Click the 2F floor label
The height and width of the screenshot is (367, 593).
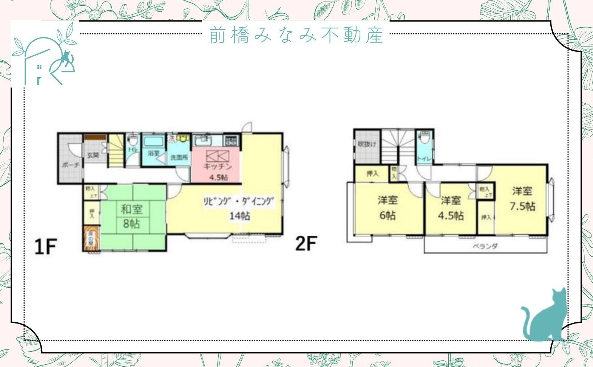coord(305,243)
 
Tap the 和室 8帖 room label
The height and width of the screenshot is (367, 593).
coord(131,216)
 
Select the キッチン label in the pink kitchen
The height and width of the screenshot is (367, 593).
coord(217,166)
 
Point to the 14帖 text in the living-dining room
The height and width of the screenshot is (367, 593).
coord(239,216)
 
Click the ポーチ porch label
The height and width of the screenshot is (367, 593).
coord(71,165)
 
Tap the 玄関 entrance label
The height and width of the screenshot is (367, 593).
coord(93,155)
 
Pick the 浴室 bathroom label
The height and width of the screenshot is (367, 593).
coord(153,153)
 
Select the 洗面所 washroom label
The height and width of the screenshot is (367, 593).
coord(179,157)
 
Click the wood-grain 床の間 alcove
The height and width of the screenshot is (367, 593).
coord(91,238)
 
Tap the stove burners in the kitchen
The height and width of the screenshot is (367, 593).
coord(231,141)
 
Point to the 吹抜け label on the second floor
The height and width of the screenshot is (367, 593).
coord(367,144)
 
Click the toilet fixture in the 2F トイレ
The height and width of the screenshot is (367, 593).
coord(425,138)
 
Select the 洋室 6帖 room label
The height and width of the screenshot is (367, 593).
coord(388,207)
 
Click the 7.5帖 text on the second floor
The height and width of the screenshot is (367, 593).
coord(522,206)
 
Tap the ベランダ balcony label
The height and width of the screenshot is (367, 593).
coord(485,246)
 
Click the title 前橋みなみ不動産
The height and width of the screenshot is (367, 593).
coord(296,35)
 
